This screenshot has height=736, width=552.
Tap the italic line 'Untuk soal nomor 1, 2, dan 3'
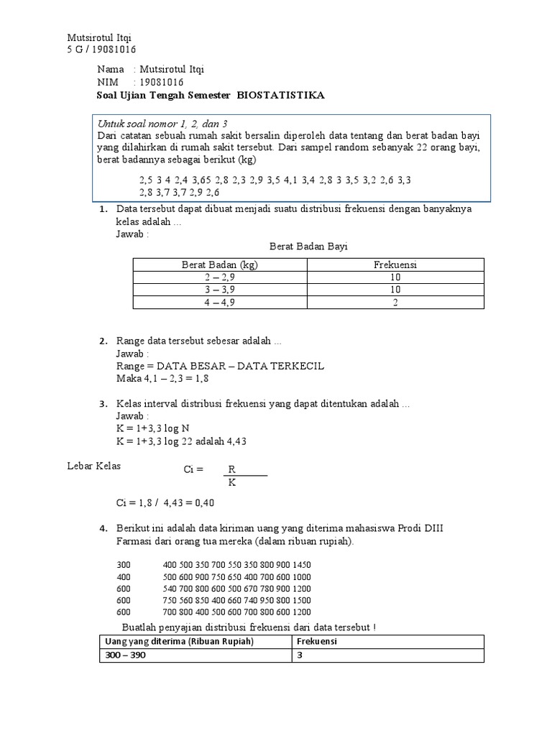point(147,123)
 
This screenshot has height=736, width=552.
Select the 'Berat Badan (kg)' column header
point(220,264)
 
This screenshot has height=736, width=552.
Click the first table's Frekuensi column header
point(395,264)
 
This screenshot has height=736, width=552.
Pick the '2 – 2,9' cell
point(220,277)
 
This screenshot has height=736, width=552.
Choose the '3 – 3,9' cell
point(220,290)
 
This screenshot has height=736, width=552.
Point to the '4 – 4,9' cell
point(220,303)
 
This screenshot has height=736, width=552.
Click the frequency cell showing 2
point(395,303)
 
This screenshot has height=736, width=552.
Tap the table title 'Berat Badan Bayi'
point(308,247)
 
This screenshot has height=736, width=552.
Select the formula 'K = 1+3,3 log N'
point(153,428)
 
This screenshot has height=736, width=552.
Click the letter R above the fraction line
point(231,469)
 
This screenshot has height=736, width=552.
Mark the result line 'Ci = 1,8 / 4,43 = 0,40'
point(165,502)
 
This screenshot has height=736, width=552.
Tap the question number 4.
point(103,530)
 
